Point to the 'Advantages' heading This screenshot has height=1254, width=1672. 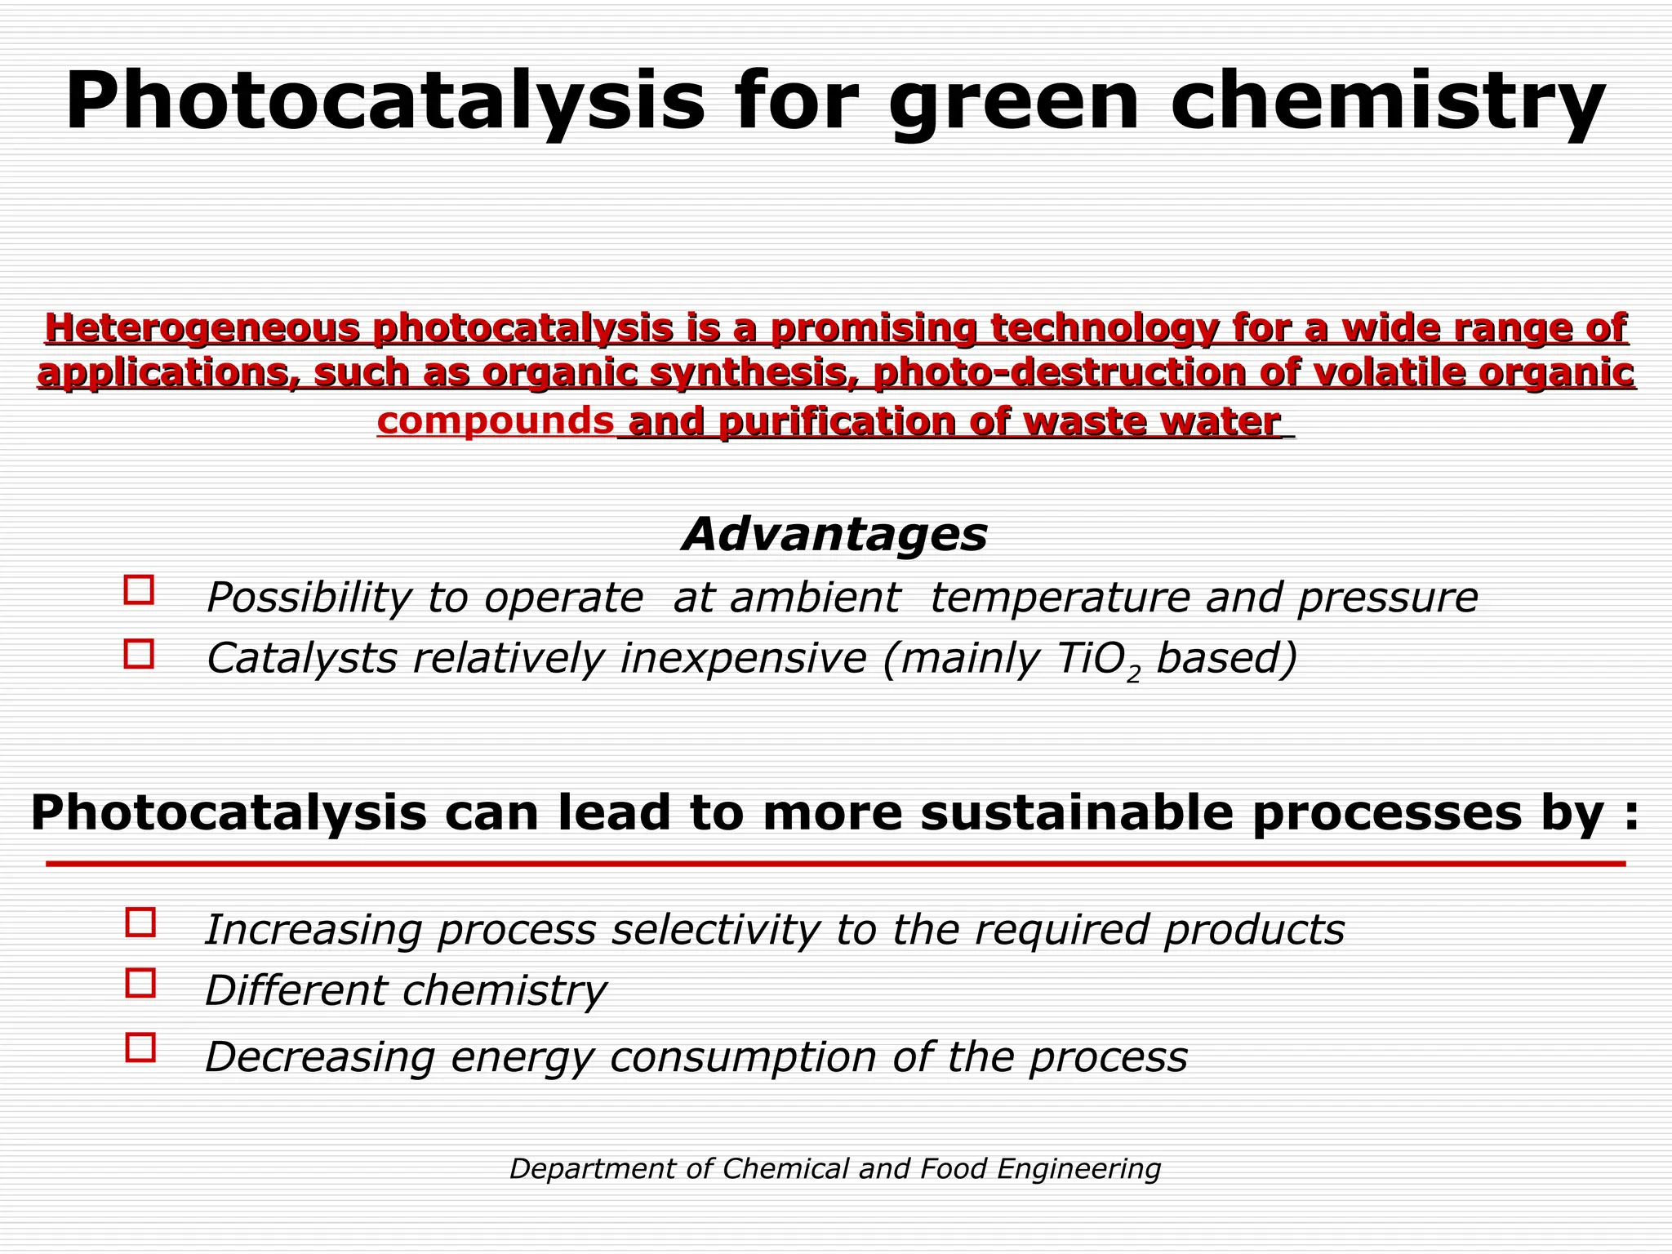834,535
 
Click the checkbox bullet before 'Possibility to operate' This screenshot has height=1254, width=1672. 139,589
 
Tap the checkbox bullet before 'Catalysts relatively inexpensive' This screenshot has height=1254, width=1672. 139,654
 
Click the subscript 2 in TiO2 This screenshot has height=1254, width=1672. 1132,676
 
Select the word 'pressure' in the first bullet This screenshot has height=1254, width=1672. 1387,598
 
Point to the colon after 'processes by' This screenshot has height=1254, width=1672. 1625,815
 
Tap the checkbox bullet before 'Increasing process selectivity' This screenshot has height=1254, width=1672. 140,923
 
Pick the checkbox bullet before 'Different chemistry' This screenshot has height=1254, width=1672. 140,983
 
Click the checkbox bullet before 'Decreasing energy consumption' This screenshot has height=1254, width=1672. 140,1047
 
